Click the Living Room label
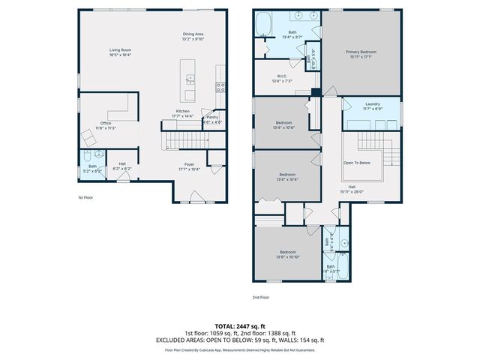[x=121, y=52]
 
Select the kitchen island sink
[x=190, y=78]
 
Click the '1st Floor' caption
[x=85, y=197]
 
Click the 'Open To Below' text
[x=356, y=162]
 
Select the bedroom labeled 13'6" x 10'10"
[x=289, y=253]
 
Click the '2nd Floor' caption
[x=260, y=297]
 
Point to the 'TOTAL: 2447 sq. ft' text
[x=240, y=326]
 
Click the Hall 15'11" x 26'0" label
[x=351, y=188]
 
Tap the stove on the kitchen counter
[x=220, y=85]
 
